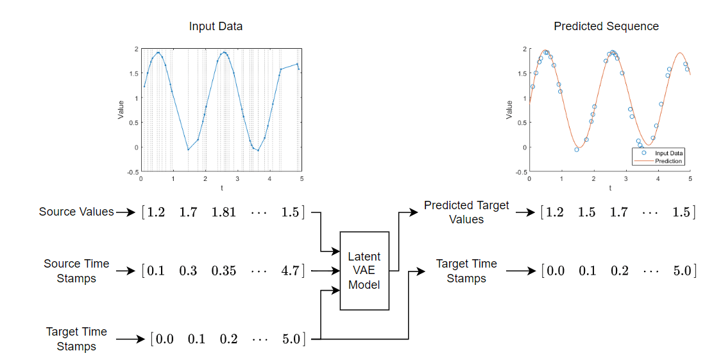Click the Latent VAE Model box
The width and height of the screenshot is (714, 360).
click(x=364, y=270)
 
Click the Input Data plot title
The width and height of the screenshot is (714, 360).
click(x=216, y=26)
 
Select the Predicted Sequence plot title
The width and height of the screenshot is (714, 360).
click(x=606, y=26)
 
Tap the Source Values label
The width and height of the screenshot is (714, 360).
click(x=76, y=212)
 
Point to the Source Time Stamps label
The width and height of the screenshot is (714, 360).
click(x=76, y=271)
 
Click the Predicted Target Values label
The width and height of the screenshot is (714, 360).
click(x=466, y=212)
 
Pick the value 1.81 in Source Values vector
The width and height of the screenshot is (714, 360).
click(x=225, y=212)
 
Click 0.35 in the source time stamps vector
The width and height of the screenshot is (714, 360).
click(x=224, y=271)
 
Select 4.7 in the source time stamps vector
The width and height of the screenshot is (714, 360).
click(x=290, y=271)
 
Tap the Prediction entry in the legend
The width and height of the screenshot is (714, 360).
click(x=668, y=161)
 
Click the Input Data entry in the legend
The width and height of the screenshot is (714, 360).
click(x=668, y=154)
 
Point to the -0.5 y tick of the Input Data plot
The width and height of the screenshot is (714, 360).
click(x=133, y=172)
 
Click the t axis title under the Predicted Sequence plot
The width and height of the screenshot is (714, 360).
click(x=609, y=188)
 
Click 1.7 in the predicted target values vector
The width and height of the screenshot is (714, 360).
click(x=619, y=212)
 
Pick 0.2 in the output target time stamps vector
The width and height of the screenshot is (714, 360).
click(x=619, y=271)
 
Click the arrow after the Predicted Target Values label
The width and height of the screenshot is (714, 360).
click(x=524, y=212)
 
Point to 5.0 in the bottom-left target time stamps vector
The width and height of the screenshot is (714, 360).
click(x=290, y=339)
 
